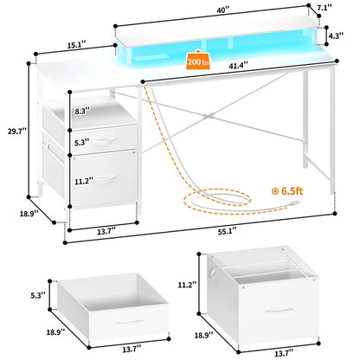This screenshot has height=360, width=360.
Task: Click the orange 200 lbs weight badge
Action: click(198, 60)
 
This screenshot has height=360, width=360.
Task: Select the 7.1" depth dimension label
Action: click(325, 8)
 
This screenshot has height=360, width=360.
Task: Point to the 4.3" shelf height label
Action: click(336, 36)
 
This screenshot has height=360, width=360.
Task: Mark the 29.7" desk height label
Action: click(17, 132)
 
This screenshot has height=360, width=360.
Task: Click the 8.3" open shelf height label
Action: click(82, 111)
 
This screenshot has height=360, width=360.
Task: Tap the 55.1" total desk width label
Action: click(227, 231)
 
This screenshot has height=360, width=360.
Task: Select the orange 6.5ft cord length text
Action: click(287, 191)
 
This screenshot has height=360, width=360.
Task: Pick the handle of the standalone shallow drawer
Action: click(129, 322)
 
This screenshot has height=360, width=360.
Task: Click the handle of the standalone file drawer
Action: click(279, 311)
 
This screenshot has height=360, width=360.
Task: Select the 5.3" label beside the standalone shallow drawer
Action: click(38, 295)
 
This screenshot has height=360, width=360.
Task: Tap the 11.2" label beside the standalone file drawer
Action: click(187, 285)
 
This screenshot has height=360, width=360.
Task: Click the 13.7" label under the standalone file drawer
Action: click(284, 352)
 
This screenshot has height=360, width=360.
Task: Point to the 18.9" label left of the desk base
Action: click(29, 214)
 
